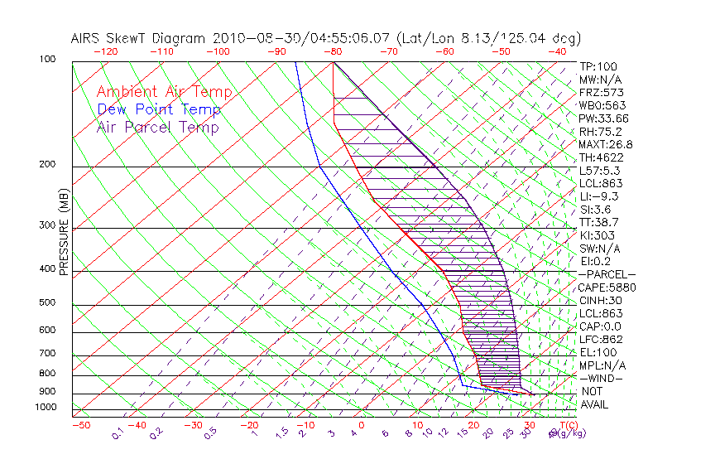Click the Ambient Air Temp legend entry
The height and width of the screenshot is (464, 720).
[164, 93]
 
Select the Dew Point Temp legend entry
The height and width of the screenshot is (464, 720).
[159, 110]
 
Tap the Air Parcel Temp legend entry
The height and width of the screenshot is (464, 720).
[157, 128]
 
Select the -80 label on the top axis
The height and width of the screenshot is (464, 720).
[334, 51]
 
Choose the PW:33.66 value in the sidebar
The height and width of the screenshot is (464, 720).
[603, 118]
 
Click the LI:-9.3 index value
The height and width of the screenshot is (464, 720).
[598, 196]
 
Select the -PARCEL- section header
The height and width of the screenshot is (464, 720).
[607, 274]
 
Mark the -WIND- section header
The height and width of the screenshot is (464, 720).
[602, 378]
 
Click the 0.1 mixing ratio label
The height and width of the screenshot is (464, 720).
[118, 433]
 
